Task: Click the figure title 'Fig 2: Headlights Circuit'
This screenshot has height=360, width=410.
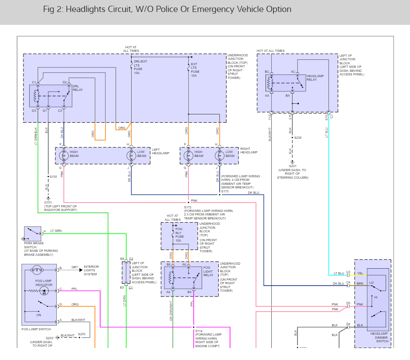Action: (x=168, y=9)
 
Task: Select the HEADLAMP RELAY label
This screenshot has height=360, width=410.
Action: (x=315, y=77)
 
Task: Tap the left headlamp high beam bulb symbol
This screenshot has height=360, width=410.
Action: (x=63, y=155)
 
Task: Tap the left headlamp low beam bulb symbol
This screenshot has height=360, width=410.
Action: (x=130, y=155)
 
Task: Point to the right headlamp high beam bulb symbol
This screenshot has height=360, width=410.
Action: (x=188, y=155)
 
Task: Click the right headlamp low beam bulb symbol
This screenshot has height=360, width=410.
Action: (x=219, y=155)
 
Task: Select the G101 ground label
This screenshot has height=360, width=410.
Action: (x=48, y=203)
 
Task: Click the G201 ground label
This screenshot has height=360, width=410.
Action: (x=293, y=166)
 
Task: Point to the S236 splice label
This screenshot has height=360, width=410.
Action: (x=297, y=138)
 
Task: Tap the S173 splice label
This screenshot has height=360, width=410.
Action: (x=225, y=191)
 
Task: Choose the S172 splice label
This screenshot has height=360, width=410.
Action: (x=188, y=207)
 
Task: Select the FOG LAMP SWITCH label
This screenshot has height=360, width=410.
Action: (x=36, y=329)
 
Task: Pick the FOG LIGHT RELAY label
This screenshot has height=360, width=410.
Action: (x=208, y=272)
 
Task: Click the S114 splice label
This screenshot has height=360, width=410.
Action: (x=199, y=331)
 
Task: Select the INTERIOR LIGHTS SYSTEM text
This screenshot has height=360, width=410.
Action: (x=91, y=270)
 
